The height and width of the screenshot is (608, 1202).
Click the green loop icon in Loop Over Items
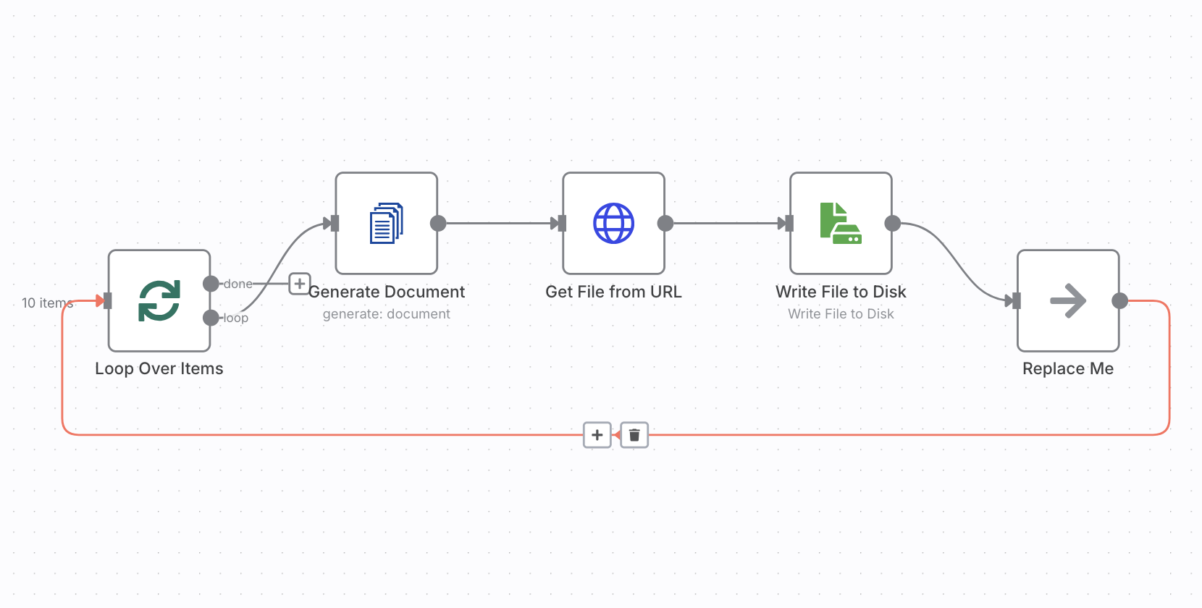click(x=159, y=301)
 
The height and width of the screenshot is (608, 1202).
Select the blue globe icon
click(x=613, y=223)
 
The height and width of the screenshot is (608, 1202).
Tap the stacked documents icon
click(x=386, y=223)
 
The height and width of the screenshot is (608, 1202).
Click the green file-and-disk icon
click(x=841, y=223)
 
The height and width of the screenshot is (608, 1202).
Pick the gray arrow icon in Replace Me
click(x=1068, y=301)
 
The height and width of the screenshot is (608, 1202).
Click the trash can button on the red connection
click(x=634, y=435)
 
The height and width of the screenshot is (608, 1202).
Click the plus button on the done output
click(x=300, y=284)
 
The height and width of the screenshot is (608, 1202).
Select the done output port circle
click(x=211, y=284)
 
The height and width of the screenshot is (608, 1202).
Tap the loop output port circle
click(x=211, y=318)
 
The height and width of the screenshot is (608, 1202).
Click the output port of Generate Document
click(x=438, y=224)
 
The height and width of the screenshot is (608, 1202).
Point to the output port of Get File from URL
click(x=665, y=224)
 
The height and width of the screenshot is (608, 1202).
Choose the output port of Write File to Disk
click(x=893, y=224)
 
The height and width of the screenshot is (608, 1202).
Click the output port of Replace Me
click(x=1120, y=301)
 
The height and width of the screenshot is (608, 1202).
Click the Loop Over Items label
click(x=159, y=368)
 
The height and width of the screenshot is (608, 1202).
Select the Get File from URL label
click(x=613, y=292)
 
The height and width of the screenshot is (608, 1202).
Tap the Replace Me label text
click(x=1068, y=368)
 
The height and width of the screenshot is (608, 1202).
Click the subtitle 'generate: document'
click(x=386, y=314)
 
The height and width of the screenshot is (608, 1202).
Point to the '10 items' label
click(x=47, y=303)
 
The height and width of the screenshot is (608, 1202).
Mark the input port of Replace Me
click(x=1017, y=301)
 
